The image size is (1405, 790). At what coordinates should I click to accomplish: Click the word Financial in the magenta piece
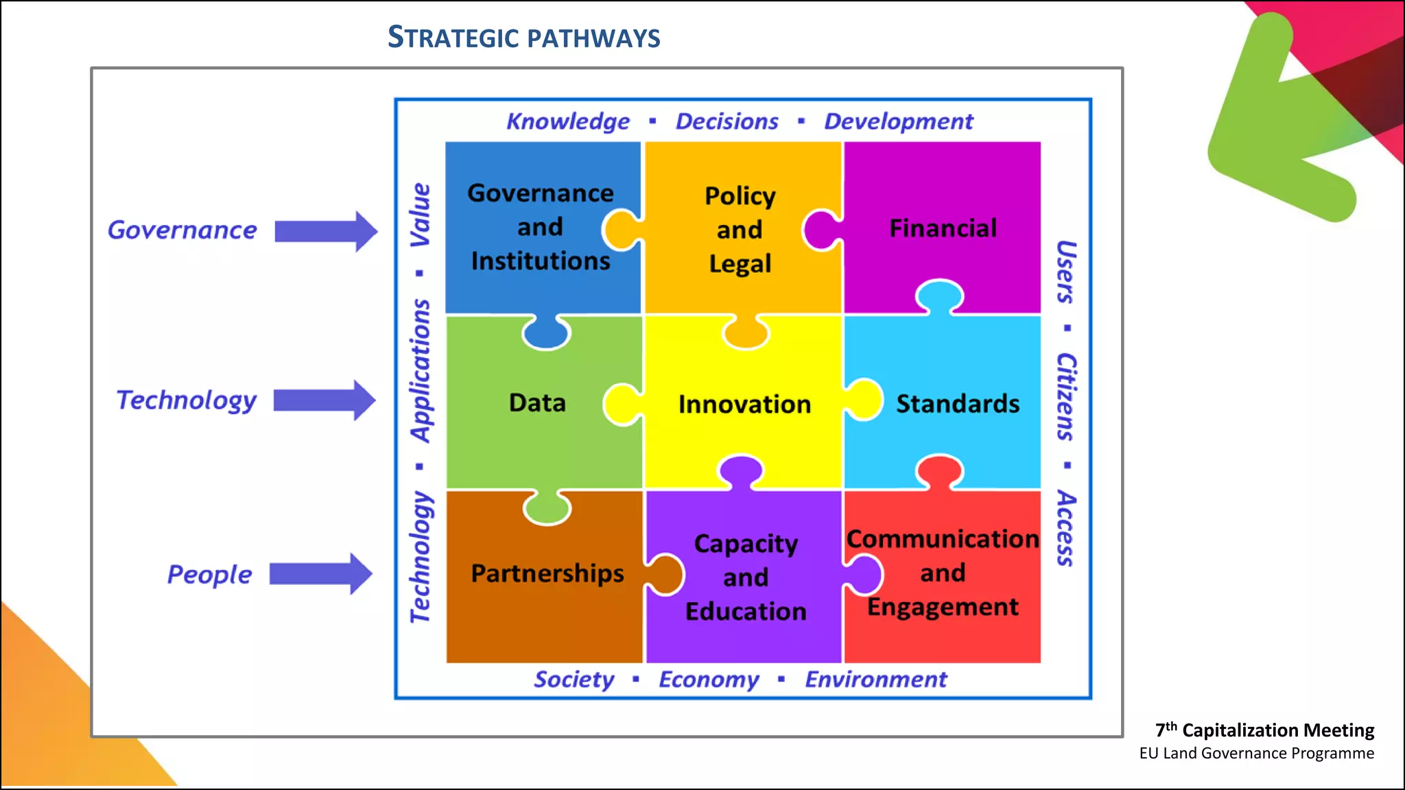pyautogui.click(x=943, y=228)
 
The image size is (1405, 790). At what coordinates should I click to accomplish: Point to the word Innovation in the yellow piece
pyautogui.click(x=744, y=405)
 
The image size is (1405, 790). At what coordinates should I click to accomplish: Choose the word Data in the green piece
pyautogui.click(x=537, y=403)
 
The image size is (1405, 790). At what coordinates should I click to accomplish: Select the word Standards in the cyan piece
pyautogui.click(x=958, y=404)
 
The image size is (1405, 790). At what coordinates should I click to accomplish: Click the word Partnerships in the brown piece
pyautogui.click(x=547, y=573)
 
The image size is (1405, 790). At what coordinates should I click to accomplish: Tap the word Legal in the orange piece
pyautogui.click(x=740, y=264)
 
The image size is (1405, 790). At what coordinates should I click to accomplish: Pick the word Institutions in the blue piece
pyautogui.click(x=541, y=261)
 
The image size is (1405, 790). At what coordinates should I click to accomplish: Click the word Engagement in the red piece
pyautogui.click(x=943, y=608)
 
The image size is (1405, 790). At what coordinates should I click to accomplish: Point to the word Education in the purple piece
pyautogui.click(x=746, y=612)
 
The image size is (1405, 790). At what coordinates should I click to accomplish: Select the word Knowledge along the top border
pyautogui.click(x=568, y=121)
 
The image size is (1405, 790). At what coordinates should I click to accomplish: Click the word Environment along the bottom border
pyautogui.click(x=876, y=680)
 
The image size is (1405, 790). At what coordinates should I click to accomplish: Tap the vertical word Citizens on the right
pyautogui.click(x=1065, y=396)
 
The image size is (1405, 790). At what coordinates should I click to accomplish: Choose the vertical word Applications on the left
pyautogui.click(x=421, y=370)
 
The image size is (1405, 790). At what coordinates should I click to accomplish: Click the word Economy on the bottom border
pyautogui.click(x=709, y=680)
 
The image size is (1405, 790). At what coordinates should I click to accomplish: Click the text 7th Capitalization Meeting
pyautogui.click(x=1264, y=730)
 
